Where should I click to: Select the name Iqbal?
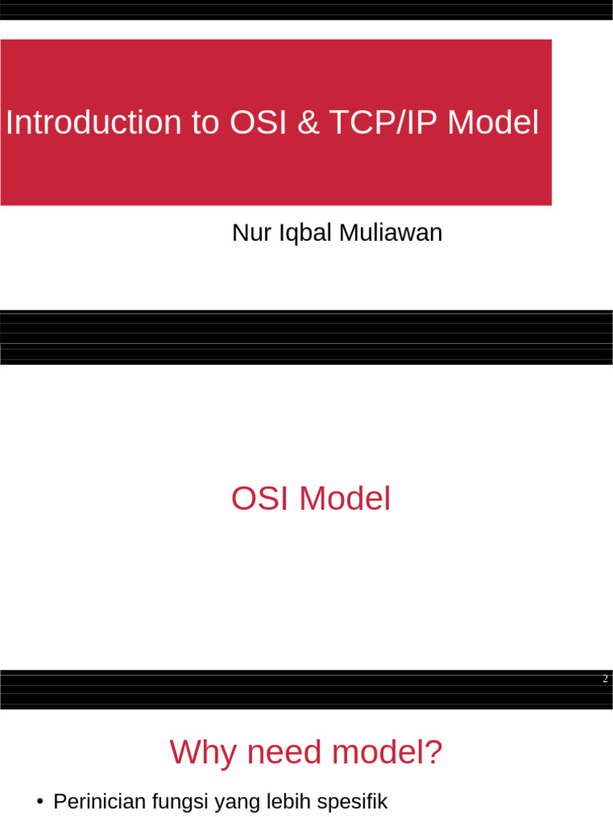click(305, 234)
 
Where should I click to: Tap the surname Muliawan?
click(390, 233)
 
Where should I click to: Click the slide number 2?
click(605, 679)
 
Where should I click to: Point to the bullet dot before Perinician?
click(40, 802)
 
